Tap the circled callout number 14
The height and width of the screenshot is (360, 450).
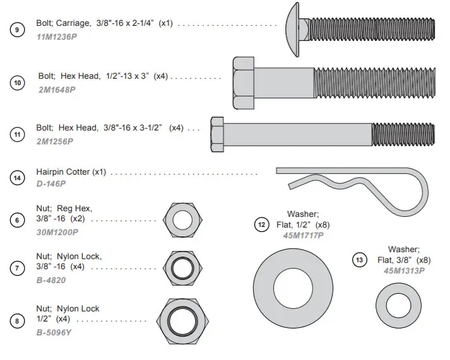pos(17,178)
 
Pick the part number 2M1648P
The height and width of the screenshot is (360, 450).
pos(57,90)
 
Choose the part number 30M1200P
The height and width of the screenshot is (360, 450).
pos(57,232)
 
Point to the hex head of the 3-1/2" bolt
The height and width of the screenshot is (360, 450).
pos(216,134)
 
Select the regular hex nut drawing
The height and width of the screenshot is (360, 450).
pos(182,221)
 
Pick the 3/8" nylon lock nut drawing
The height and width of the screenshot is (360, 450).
pos(182,266)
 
